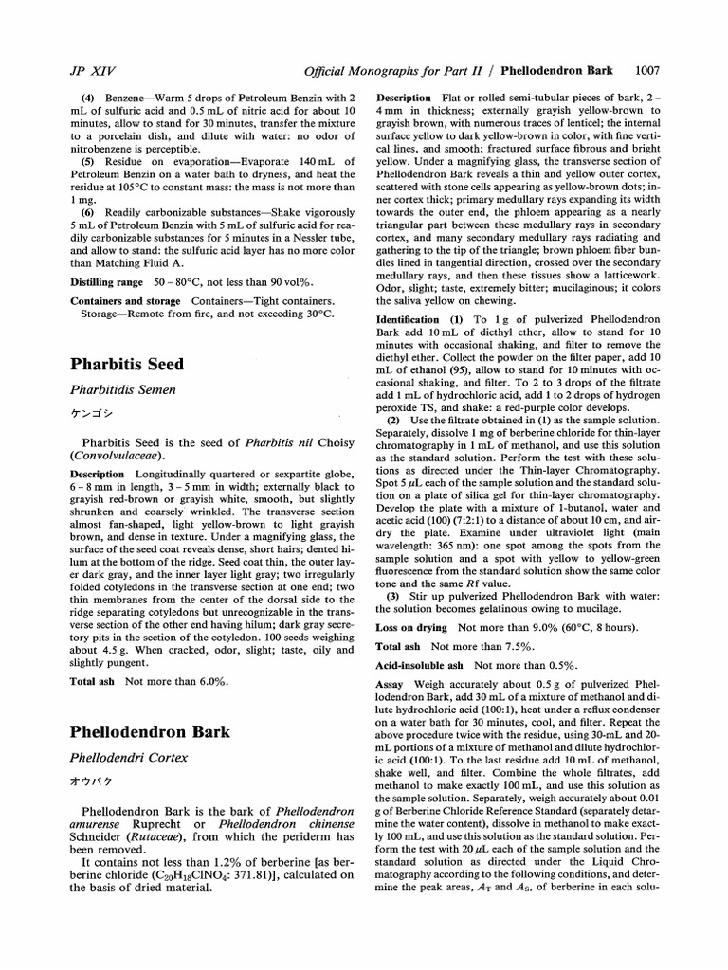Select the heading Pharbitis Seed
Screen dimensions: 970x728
[127, 364]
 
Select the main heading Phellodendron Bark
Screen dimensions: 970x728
[143, 731]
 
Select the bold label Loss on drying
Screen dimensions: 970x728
[413, 627]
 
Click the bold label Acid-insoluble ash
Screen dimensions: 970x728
[422, 666]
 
